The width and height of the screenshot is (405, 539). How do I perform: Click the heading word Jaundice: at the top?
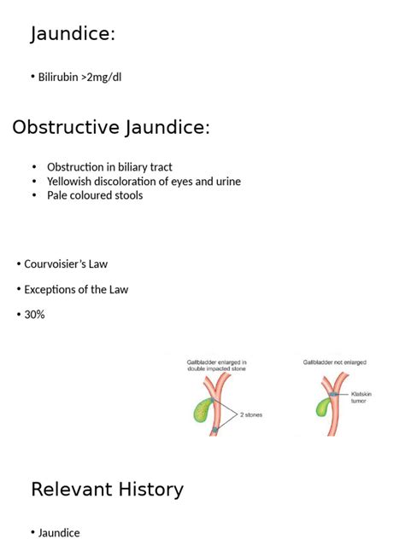pos(73,34)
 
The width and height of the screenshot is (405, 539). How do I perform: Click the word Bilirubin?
pos(58,77)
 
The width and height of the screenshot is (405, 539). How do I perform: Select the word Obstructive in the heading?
pos(66,127)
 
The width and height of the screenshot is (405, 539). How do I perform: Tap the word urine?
pos(228,182)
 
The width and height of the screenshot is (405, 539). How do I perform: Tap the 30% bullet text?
pos(34,315)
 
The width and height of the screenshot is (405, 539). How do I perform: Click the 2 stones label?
pos(251,414)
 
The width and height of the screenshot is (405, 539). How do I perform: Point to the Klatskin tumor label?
pos(361,397)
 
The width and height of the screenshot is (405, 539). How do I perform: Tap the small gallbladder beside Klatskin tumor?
pos(324,408)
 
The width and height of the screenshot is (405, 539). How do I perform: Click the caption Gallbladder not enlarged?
pos(334,362)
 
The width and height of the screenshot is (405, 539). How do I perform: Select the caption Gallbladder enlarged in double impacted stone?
pos(217,365)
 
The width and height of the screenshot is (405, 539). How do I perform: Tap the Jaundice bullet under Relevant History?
pos(59,532)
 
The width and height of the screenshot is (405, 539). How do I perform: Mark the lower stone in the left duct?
pos(215,430)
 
